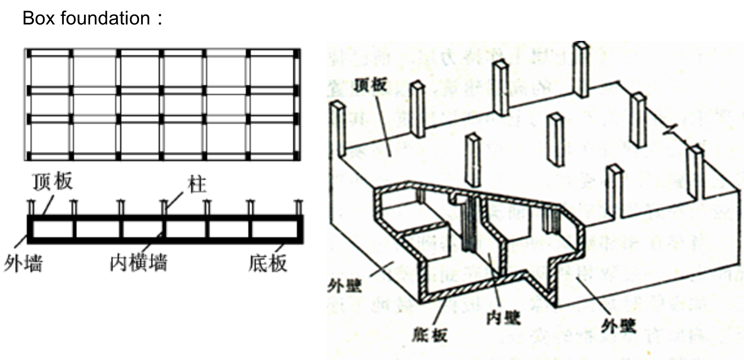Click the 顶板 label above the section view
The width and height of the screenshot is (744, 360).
52,182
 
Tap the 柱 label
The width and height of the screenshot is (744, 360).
197,185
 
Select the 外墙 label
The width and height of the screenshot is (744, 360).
23,263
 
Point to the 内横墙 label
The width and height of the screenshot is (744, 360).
139,263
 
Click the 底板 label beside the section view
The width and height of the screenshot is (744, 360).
267,263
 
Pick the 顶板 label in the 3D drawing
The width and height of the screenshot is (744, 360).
370,85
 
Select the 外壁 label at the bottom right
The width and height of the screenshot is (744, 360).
618,326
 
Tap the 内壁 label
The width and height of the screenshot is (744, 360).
503,317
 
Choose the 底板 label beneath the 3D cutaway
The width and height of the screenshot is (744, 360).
430,335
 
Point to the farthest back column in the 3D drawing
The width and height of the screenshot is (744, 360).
581,69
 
